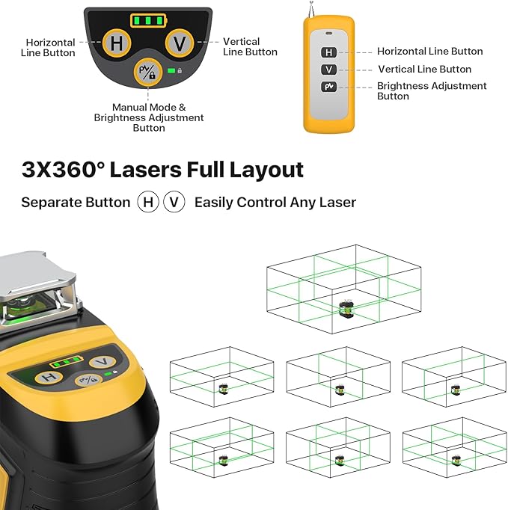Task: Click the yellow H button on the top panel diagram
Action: (117, 43)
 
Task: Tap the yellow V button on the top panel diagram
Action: (180, 43)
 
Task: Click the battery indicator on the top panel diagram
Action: (148, 20)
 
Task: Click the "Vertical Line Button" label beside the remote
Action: (424, 70)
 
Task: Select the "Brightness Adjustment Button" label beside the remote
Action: (432, 90)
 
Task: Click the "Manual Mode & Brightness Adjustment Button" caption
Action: (149, 117)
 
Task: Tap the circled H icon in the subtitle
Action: (148, 203)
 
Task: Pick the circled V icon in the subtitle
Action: (174, 203)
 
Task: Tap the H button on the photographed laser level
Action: (49, 377)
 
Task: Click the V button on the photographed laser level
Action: (101, 362)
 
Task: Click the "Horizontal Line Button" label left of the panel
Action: (50, 48)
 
